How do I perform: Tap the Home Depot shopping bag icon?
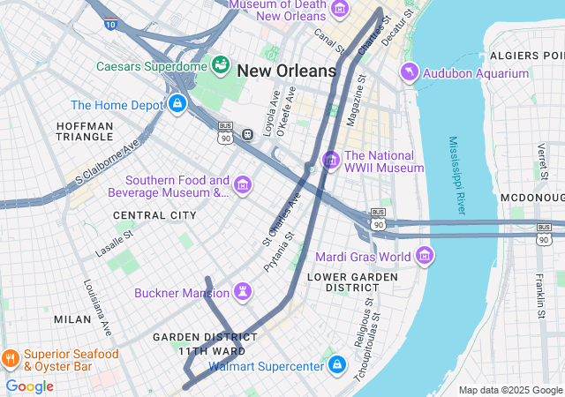177,104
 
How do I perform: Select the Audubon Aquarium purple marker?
410,71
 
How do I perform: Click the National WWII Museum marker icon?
331,161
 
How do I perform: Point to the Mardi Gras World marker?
426,257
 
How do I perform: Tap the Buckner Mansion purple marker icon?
243,292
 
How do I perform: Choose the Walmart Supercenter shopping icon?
336,363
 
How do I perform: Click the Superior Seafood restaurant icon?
11,359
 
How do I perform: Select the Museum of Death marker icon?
340,10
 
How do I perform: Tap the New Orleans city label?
287,71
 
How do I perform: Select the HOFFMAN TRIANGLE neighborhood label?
85,132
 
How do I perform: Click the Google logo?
29,386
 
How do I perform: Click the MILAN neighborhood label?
72,318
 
